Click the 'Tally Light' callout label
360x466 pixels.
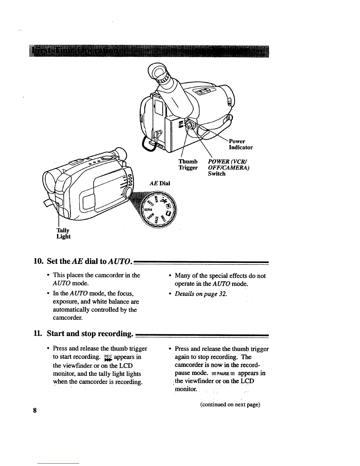tap(64, 233)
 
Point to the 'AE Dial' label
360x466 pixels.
tap(160, 183)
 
